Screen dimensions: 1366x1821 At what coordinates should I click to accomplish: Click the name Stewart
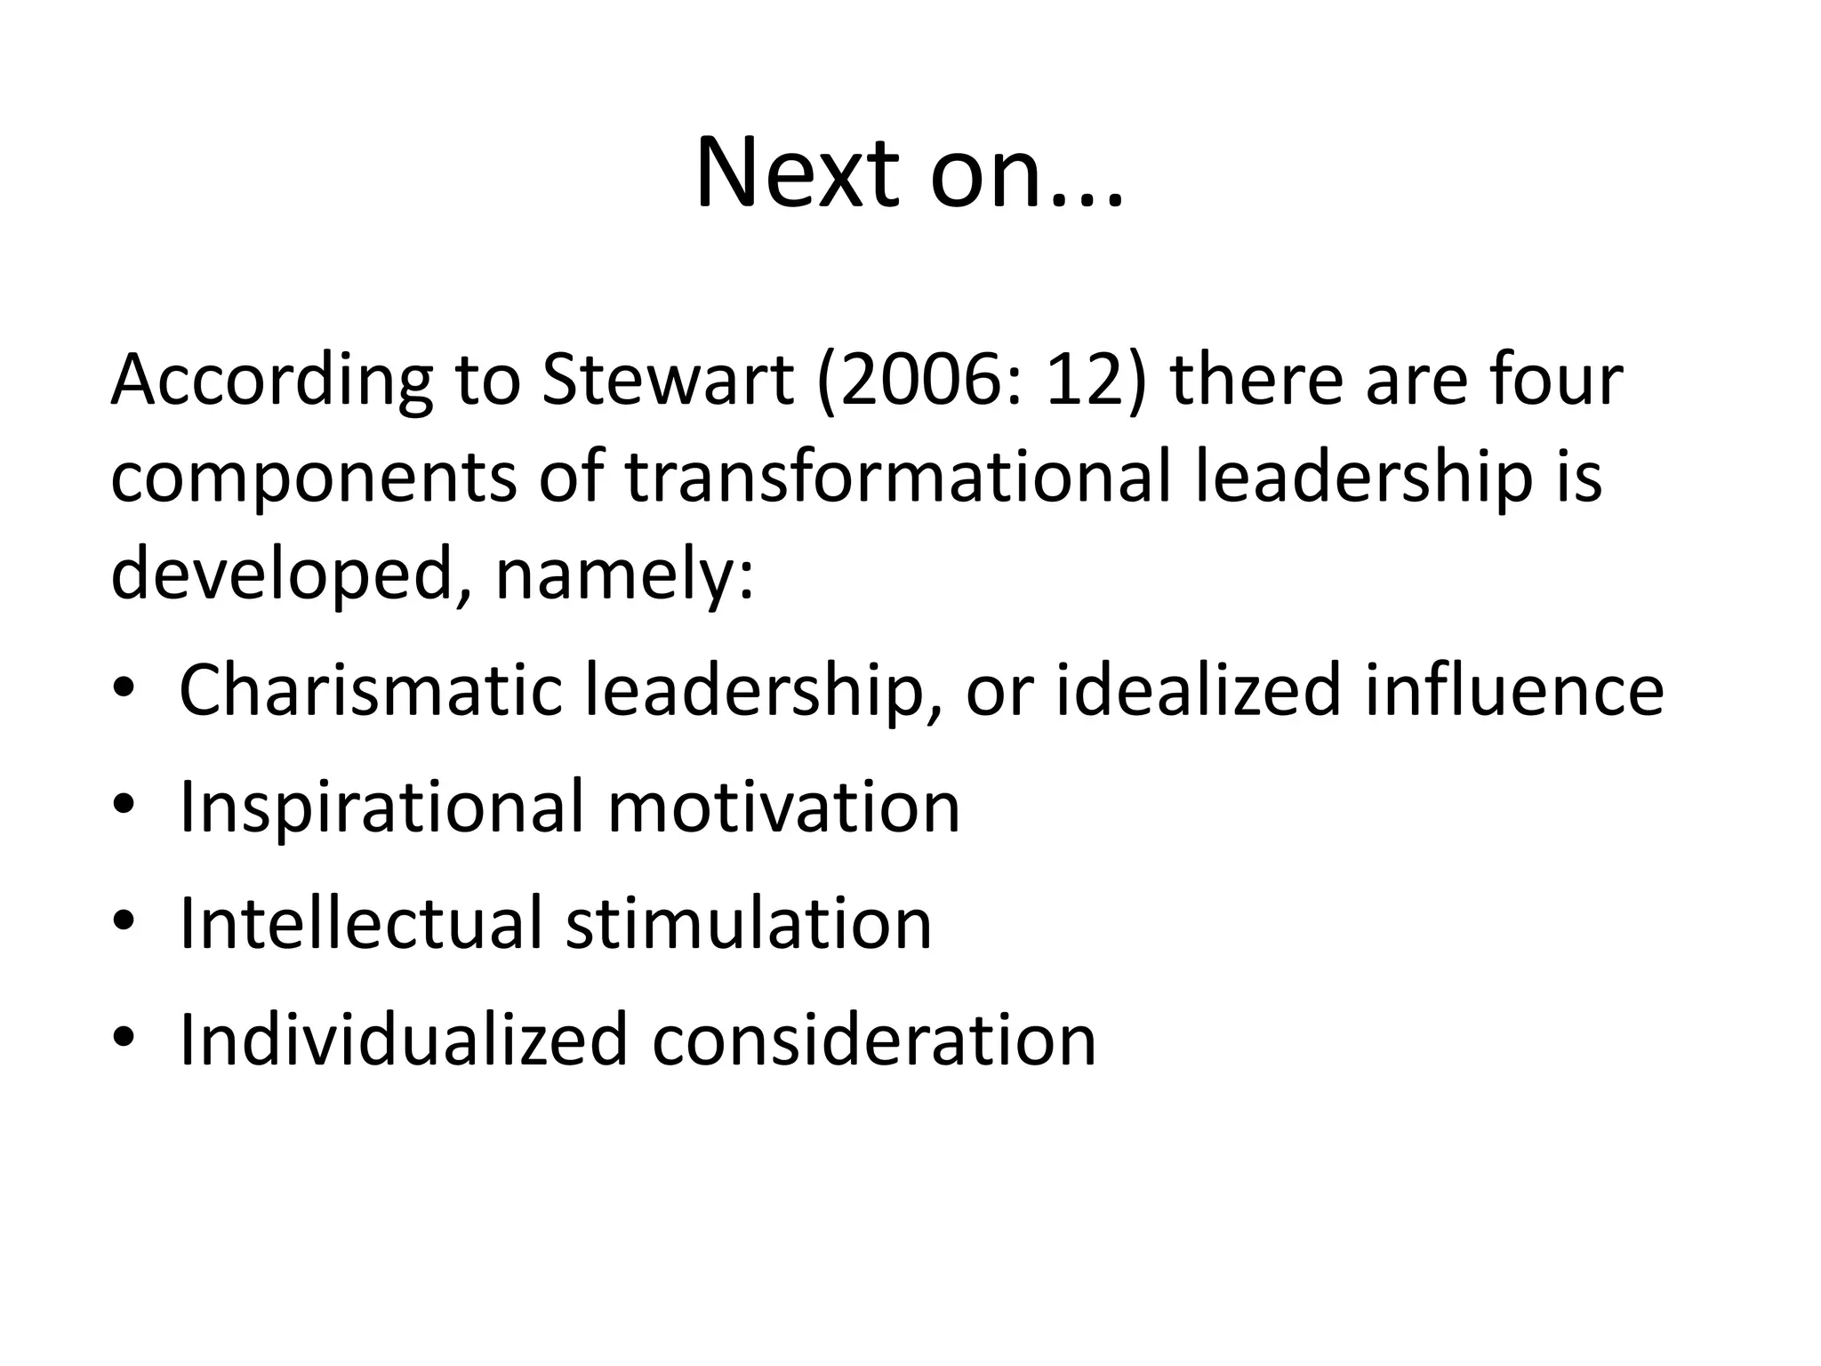click(667, 380)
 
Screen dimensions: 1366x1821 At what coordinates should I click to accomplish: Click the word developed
click(284, 575)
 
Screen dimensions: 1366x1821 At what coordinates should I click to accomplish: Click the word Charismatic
click(371, 689)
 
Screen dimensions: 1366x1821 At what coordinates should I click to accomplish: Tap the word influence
click(1514, 689)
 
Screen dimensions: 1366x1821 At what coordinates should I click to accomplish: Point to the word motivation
click(783, 806)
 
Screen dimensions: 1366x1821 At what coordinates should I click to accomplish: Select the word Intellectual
click(359, 923)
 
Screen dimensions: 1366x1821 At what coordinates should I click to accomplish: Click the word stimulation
click(749, 923)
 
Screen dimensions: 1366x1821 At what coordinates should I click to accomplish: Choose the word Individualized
click(404, 1039)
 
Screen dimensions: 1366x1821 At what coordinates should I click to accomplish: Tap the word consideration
click(874, 1039)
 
